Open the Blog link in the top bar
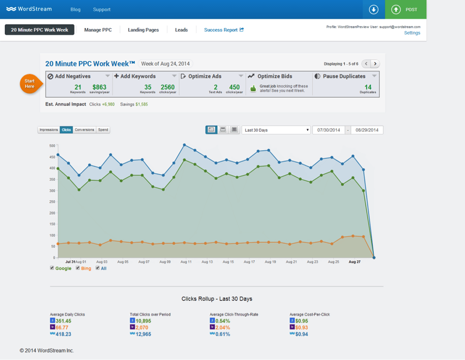click(76, 9)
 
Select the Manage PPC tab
click(98, 30)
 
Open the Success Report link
click(223, 30)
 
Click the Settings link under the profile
click(412, 33)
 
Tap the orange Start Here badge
click(30, 83)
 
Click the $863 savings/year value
click(99, 87)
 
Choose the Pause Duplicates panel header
click(344, 76)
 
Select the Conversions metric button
click(85, 130)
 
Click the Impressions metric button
click(48, 130)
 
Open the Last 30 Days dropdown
click(276, 130)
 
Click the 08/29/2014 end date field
click(367, 130)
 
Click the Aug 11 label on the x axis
click(186, 262)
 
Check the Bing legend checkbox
click(78, 268)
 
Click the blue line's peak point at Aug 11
click(185, 144)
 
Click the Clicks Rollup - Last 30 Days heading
click(217, 299)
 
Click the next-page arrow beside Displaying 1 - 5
click(375, 64)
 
